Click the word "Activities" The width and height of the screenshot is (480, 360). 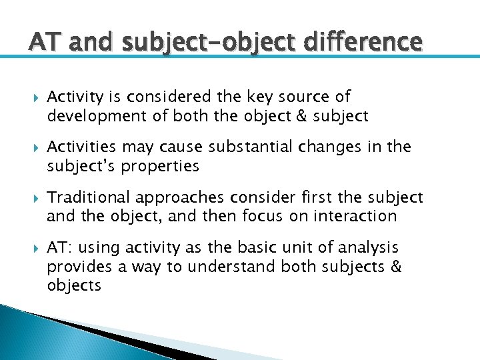(81, 147)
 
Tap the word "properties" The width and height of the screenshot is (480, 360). (161, 166)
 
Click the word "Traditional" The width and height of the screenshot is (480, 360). (89, 198)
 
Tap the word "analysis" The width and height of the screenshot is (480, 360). (367, 249)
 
